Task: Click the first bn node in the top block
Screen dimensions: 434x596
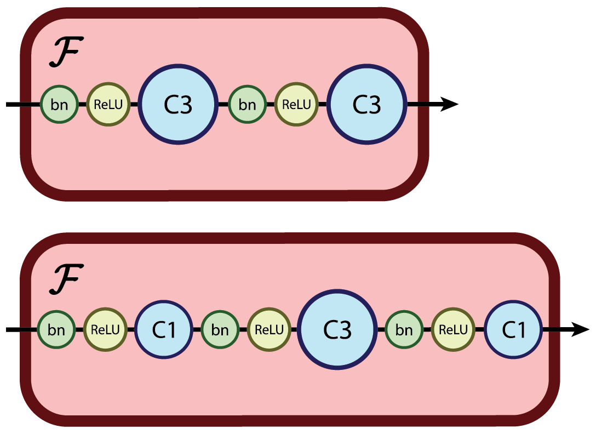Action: [59, 104]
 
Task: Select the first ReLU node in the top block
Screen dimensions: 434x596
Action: [107, 104]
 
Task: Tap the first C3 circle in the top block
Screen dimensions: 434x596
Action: [177, 104]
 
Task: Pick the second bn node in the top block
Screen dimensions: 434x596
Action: [247, 104]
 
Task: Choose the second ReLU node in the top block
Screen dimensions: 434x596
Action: [296, 104]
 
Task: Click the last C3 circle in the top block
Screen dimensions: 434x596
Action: [366, 104]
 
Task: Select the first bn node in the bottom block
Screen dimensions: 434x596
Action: [56, 330]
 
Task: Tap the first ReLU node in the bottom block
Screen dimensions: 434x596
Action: [105, 330]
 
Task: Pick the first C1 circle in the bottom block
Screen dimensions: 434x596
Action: [164, 330]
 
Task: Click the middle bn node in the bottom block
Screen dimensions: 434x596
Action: [220, 330]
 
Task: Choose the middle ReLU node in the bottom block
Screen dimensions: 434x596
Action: [269, 330]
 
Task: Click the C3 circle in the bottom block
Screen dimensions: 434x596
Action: [337, 330]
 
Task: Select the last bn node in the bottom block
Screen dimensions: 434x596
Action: [404, 330]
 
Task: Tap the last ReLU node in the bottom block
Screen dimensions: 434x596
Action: [453, 330]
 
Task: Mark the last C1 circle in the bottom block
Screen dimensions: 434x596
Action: [513, 330]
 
